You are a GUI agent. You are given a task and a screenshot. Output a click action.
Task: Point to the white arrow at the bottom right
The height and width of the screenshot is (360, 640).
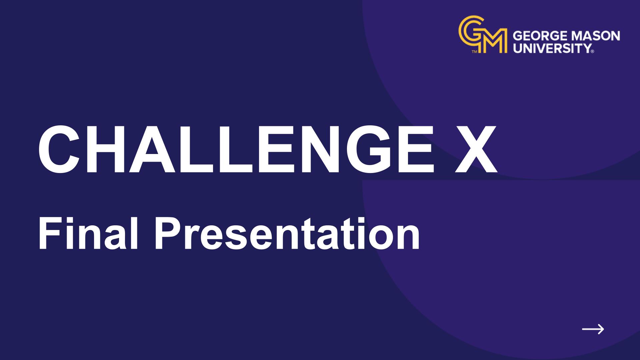click(x=593, y=329)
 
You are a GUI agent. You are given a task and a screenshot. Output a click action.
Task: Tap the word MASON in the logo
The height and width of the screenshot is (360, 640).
click(x=596, y=36)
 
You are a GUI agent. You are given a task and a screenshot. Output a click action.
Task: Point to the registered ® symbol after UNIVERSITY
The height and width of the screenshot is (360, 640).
click(x=592, y=52)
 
